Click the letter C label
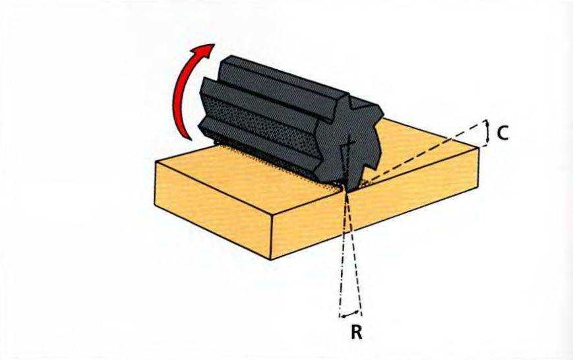502,133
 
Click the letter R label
356,332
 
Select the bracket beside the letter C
486,133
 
